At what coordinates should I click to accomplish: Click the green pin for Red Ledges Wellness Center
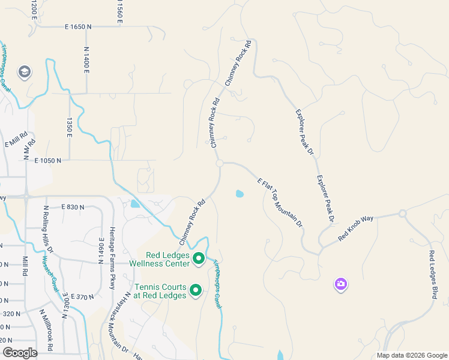click(x=199, y=260)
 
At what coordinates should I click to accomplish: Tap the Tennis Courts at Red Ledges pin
click(x=196, y=291)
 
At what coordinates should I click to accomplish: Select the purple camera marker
click(x=341, y=284)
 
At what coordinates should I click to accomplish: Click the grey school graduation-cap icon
click(x=25, y=73)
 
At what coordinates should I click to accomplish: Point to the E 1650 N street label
click(x=79, y=27)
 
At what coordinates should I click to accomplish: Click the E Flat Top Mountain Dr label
click(x=279, y=203)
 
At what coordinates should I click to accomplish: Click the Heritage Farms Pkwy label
click(x=112, y=257)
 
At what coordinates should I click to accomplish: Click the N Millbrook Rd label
click(x=46, y=330)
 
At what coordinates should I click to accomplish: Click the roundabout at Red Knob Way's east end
click(x=402, y=214)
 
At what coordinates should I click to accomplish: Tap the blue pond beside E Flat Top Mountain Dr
click(x=240, y=194)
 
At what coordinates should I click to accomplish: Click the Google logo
click(x=20, y=353)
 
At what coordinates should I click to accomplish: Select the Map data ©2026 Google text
click(x=412, y=355)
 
